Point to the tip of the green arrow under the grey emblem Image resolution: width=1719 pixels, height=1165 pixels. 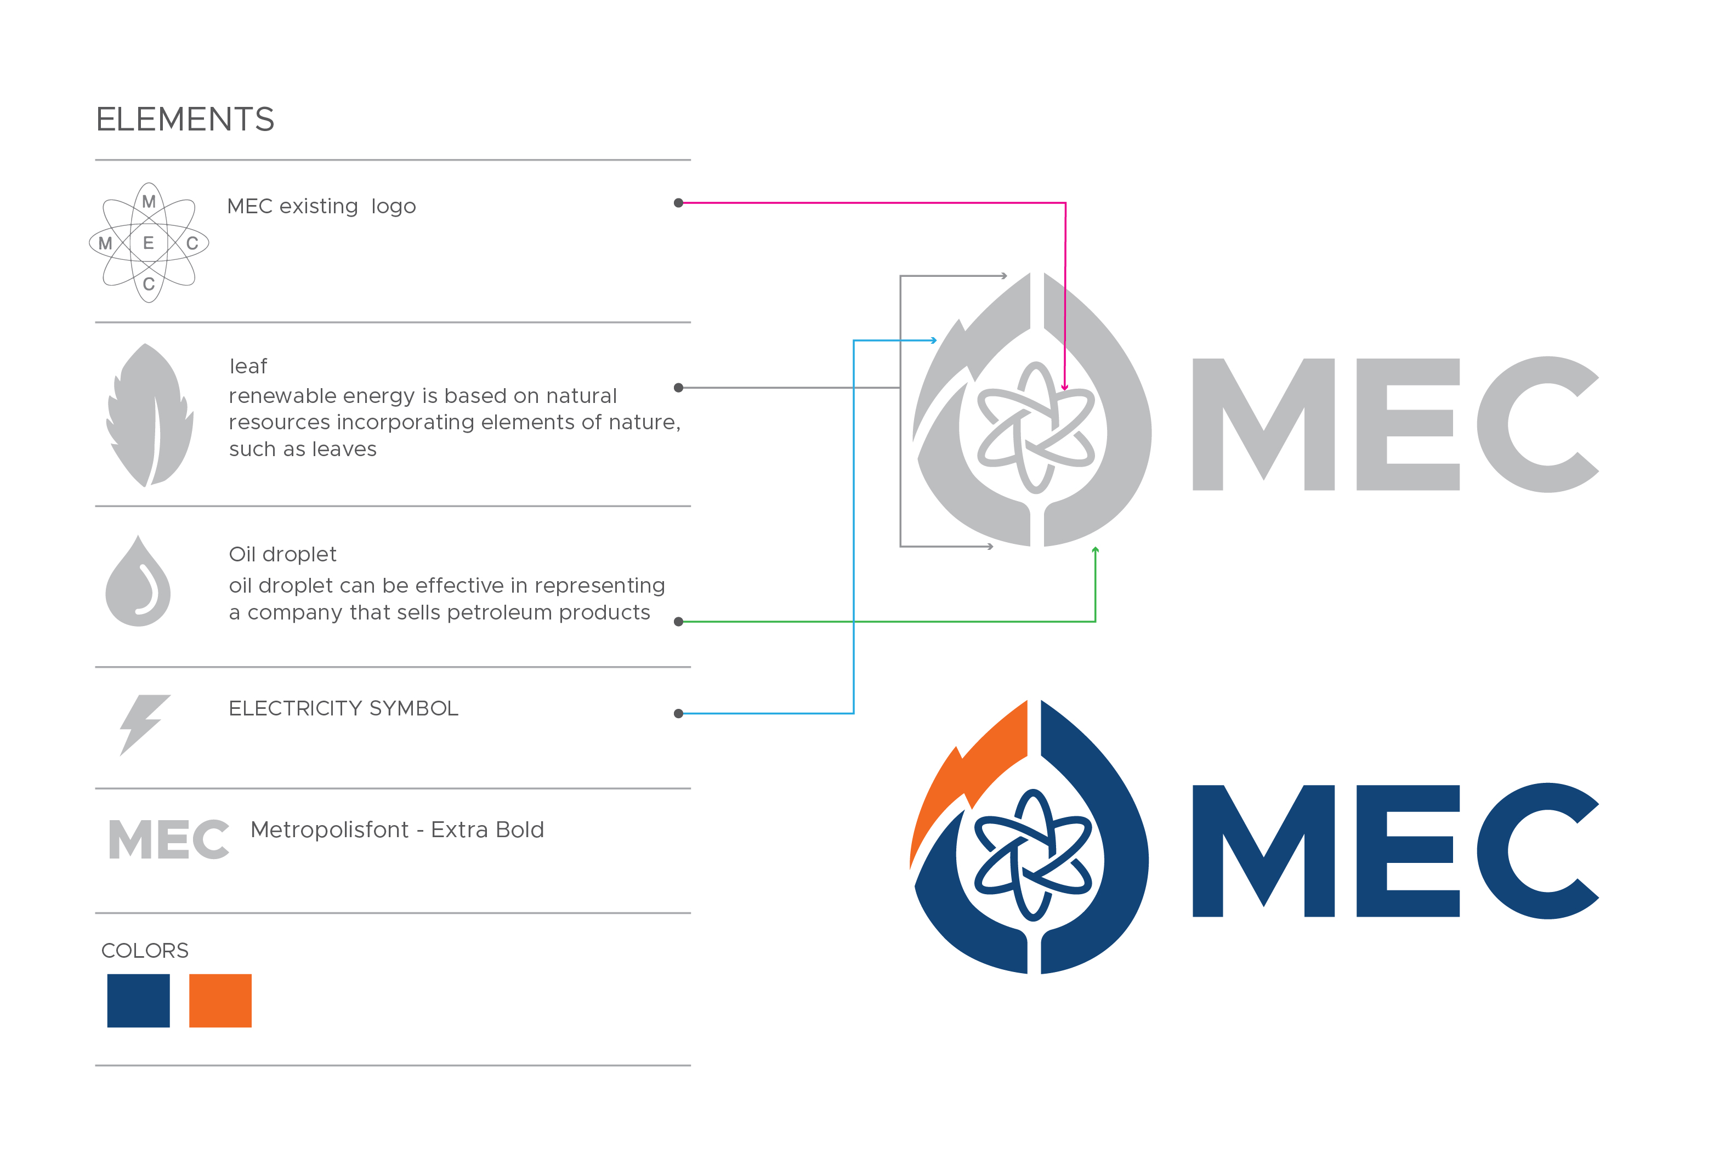pos(1096,547)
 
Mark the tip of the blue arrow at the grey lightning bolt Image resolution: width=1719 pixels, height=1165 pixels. pos(937,340)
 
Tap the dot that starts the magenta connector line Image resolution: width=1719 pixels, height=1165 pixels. pos(678,203)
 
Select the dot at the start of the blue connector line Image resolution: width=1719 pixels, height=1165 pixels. pos(678,714)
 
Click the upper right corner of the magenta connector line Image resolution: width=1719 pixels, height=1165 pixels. pos(1065,203)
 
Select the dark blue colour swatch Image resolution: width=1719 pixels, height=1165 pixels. pos(138,1001)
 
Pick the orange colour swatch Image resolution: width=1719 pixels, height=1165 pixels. pos(220,1001)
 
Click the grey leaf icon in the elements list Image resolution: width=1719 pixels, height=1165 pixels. pos(150,415)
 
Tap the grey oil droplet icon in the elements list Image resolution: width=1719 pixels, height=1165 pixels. pos(138,581)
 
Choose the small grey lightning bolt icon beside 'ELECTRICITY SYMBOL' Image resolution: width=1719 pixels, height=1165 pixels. pos(145,725)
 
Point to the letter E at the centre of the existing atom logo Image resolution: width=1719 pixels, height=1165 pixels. pos(149,243)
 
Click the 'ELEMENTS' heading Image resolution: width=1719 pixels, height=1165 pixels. pos(185,119)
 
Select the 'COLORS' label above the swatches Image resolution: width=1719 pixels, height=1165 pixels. pos(145,951)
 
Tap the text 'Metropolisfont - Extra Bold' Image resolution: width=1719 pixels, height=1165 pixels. pos(397,830)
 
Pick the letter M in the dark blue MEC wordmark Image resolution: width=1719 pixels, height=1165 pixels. pos(1263,851)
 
